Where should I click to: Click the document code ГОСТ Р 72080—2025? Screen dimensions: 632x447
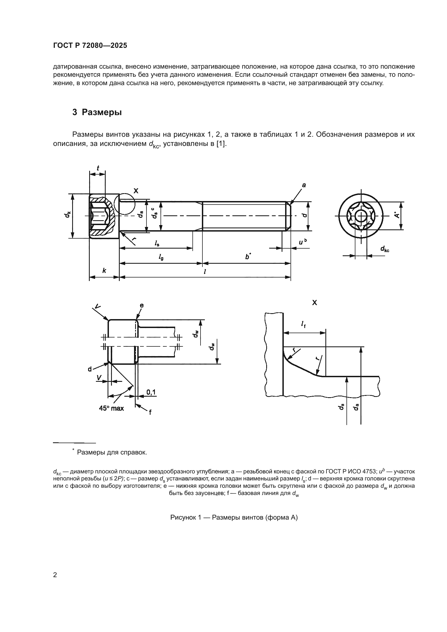pos(90,46)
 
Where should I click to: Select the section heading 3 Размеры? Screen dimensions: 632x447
pos(97,112)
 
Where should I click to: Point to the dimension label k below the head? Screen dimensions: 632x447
pos(104,270)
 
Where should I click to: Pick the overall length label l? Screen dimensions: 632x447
pos(205,271)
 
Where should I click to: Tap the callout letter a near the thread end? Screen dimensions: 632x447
pos(304,185)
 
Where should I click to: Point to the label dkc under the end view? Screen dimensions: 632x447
pos(385,249)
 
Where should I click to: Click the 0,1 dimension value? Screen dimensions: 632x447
pos(151,392)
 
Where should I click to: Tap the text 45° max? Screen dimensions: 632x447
pos(111,409)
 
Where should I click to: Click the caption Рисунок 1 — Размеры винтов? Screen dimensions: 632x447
pos(234,517)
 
